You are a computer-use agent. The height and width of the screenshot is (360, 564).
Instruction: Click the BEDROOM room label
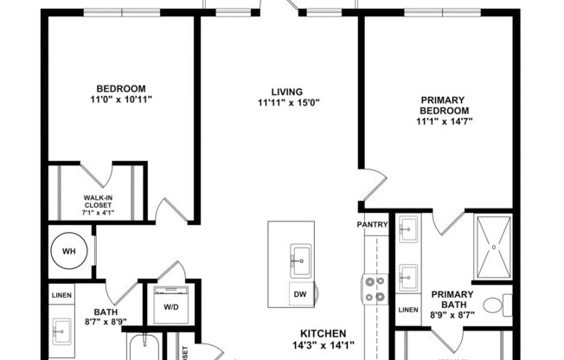click(120, 88)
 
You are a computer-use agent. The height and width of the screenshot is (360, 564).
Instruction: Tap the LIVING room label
click(288, 92)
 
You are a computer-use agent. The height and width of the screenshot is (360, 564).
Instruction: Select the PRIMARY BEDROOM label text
click(445, 106)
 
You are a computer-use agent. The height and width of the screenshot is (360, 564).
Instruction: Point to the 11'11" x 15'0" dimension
click(288, 103)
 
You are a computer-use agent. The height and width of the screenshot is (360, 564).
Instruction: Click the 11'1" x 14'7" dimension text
click(445, 122)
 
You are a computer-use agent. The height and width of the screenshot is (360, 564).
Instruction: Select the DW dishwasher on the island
click(300, 294)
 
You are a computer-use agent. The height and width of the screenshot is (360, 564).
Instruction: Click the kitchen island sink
click(300, 257)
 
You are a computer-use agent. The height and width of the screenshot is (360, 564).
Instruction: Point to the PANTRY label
click(375, 225)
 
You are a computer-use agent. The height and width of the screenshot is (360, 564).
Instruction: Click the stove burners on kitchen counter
click(375, 289)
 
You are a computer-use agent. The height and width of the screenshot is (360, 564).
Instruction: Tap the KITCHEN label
click(323, 333)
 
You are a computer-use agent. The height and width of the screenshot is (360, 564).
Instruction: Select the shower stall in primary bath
click(495, 247)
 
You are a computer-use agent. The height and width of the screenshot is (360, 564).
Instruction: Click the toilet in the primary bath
click(493, 305)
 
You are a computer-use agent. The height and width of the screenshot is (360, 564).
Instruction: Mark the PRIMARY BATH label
click(452, 299)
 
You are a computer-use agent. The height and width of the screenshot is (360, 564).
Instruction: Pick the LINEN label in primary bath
click(408, 309)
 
